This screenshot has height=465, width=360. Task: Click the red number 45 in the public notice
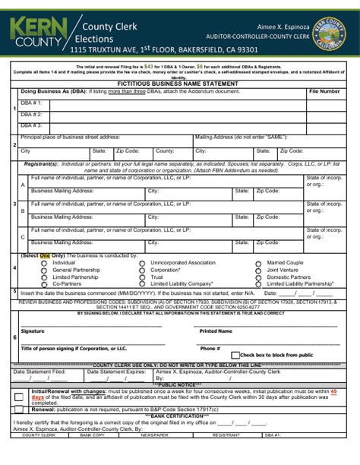click(333, 390)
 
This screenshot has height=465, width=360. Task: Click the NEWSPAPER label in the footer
click(154, 456)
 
